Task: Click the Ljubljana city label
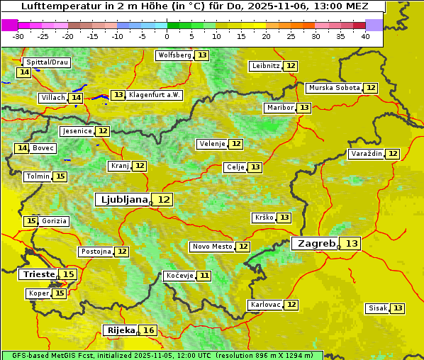tap(122, 200)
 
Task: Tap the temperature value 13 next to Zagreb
tap(352, 244)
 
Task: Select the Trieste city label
tap(39, 274)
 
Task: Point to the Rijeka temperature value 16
tap(148, 330)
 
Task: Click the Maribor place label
tap(279, 108)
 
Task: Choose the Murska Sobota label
tap(334, 88)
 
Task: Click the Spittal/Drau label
tap(47, 62)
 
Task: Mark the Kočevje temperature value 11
tap(204, 276)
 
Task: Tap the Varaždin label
tap(367, 154)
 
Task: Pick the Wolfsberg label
tap(174, 55)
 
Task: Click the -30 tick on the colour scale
tap(18, 35)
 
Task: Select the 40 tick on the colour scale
tap(365, 35)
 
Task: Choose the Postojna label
tap(95, 252)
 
